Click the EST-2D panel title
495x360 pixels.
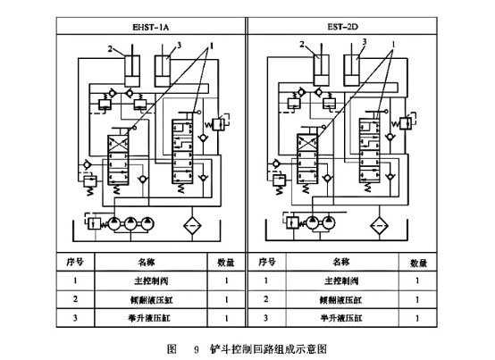[x=345, y=25]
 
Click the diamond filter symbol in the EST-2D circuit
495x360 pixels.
[x=382, y=224]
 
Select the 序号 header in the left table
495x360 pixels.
[x=76, y=263]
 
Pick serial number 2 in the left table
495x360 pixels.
[x=76, y=299]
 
